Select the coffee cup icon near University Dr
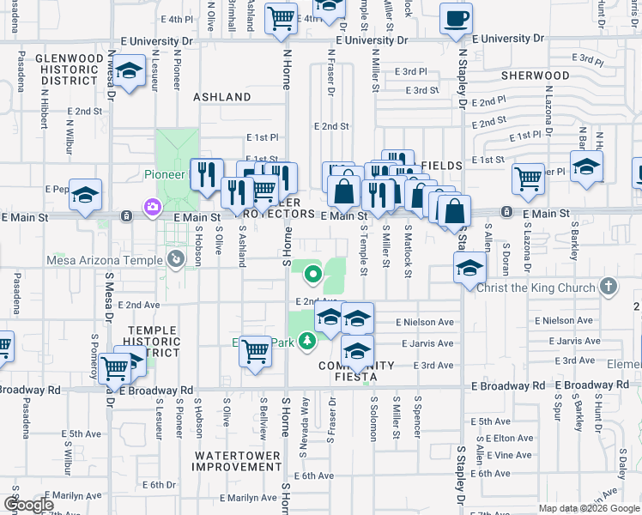coord(456,18)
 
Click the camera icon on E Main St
coord(153,207)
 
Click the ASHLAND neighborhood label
coord(221,97)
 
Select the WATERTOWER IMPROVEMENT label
coord(236,461)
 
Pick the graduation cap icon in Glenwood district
coord(130,71)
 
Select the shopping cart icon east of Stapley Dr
coord(528,179)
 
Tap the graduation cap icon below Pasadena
coord(86,195)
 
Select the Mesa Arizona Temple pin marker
coord(176,257)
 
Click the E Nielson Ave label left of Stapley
coord(424,323)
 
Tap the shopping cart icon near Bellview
coord(256,350)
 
